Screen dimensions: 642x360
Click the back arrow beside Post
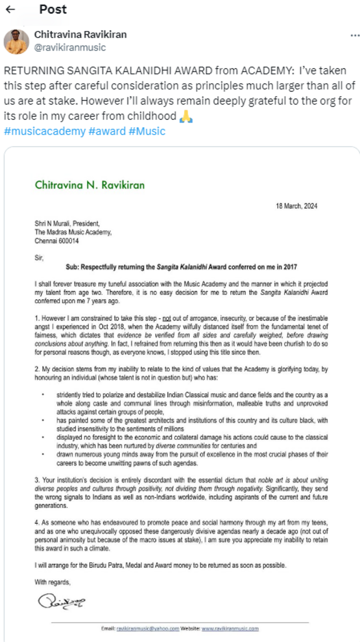pyautogui.click(x=10, y=10)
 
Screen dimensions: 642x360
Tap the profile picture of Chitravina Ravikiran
pyautogui.click(x=17, y=41)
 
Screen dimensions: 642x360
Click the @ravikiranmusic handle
pyautogui.click(x=70, y=47)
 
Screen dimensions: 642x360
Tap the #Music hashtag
pyautogui.click(x=147, y=131)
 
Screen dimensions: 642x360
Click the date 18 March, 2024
pyautogui.click(x=298, y=206)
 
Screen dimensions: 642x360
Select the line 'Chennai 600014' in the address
pyautogui.click(x=57, y=240)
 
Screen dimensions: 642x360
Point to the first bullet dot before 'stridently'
pyautogui.click(x=43, y=394)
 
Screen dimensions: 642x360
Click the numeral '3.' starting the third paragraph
pyautogui.click(x=37, y=481)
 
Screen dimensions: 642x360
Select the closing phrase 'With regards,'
pyautogui.click(x=53, y=582)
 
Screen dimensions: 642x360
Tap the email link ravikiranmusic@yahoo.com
pyautogui.click(x=148, y=628)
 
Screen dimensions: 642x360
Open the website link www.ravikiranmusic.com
pyautogui.click(x=230, y=628)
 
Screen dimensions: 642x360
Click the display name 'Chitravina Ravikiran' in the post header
pyautogui.click(x=80, y=35)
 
